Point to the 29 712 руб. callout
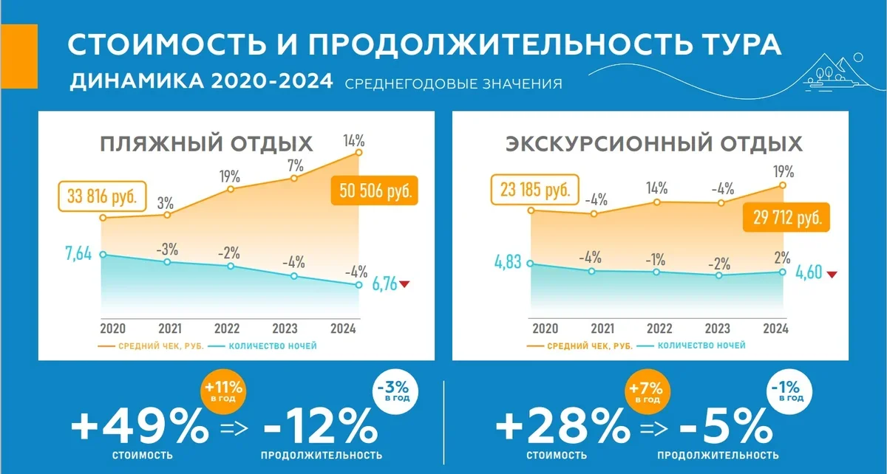pos(783,217)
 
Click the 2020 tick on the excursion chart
pos(545,329)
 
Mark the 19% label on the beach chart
pos(229,176)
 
